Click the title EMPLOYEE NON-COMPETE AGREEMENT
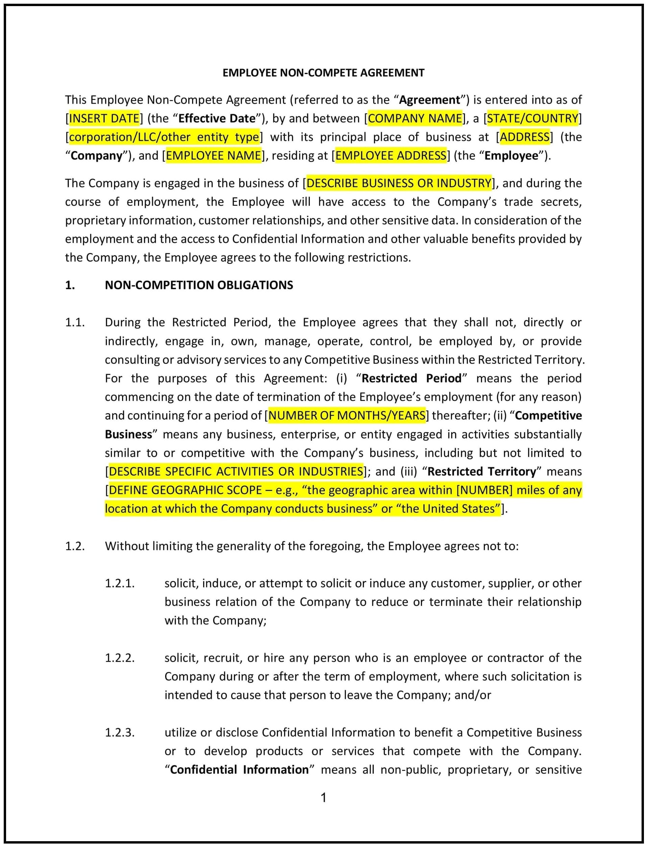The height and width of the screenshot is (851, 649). tap(323, 73)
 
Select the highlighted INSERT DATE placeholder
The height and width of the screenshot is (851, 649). tap(104, 118)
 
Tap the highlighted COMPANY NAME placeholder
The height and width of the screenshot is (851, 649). tap(415, 118)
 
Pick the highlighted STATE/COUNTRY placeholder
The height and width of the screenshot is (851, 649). tap(532, 118)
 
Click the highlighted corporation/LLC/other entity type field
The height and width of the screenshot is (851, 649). tap(164, 137)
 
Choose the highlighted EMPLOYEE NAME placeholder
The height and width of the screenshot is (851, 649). tap(214, 155)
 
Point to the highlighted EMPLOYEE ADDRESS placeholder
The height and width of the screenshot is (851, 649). tap(391, 155)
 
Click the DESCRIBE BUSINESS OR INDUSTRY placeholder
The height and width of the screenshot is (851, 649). tap(399, 183)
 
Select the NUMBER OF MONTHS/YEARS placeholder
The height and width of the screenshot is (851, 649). tap(347, 416)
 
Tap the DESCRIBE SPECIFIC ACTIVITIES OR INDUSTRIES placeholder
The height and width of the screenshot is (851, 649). tap(236, 471)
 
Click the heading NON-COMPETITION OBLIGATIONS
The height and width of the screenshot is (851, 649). tap(199, 285)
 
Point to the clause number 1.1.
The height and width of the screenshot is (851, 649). tap(74, 323)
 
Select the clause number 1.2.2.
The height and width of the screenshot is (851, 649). tap(120, 658)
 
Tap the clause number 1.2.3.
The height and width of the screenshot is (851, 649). tap(120, 732)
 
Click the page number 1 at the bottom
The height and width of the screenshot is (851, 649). tap(324, 797)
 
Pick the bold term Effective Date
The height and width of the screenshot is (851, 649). tap(217, 118)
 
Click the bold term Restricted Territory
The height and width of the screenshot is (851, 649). tap(482, 471)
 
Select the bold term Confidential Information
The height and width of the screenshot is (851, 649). tap(239, 769)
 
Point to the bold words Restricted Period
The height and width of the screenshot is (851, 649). tap(412, 378)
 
